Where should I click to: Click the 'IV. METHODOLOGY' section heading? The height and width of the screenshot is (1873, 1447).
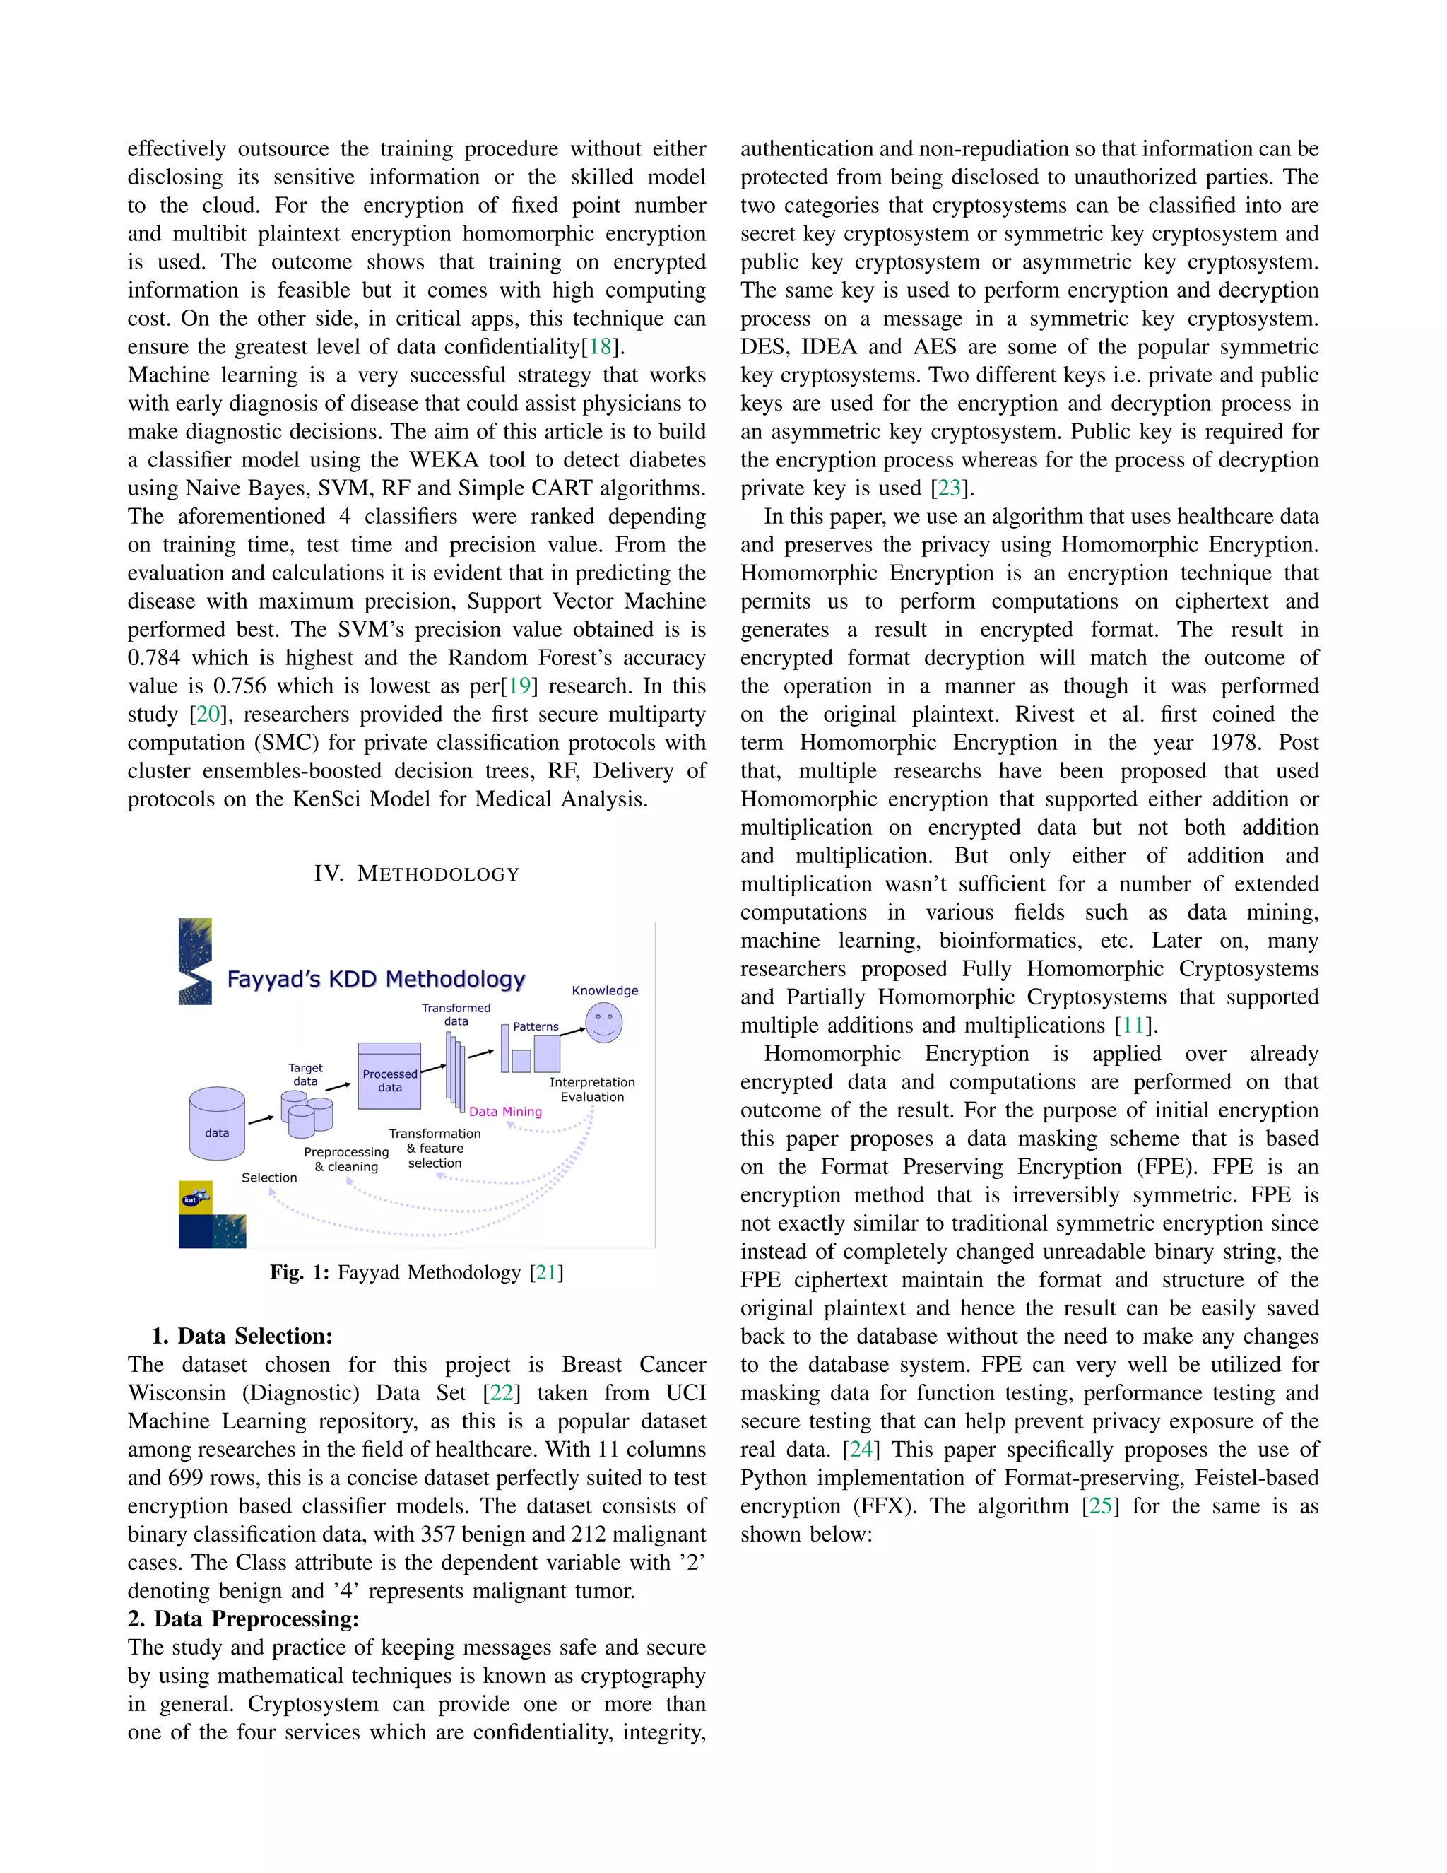click(x=417, y=874)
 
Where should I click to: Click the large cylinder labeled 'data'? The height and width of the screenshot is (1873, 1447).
click(x=217, y=1124)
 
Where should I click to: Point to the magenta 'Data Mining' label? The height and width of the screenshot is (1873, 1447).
click(x=505, y=1112)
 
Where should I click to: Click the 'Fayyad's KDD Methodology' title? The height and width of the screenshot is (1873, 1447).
click(x=375, y=980)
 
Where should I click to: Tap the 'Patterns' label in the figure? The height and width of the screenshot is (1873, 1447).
click(x=535, y=1026)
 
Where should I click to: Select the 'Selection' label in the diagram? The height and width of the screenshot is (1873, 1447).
click(x=269, y=1178)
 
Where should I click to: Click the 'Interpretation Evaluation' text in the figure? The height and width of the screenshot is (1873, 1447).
click(x=591, y=1089)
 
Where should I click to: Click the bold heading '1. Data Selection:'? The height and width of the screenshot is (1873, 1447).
click(x=242, y=1336)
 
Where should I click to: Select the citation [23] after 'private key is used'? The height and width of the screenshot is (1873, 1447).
click(x=949, y=488)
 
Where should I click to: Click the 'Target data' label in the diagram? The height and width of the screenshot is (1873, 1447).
click(x=305, y=1074)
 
